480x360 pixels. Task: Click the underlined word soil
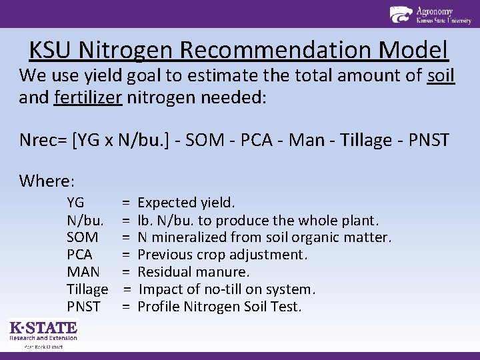(x=440, y=75)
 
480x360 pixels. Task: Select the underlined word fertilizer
(x=88, y=98)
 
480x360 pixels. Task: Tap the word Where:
(x=47, y=181)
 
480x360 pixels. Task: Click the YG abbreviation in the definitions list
(x=75, y=203)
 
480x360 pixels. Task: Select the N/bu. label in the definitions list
(x=85, y=220)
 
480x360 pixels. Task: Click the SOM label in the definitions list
(x=83, y=237)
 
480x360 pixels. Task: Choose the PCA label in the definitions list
(x=80, y=255)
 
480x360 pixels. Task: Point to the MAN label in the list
(x=83, y=272)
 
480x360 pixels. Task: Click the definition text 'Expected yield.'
(x=186, y=203)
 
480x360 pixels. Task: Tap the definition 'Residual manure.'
(x=193, y=272)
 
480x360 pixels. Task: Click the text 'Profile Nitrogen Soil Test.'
(x=219, y=307)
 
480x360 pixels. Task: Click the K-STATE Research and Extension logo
(x=43, y=333)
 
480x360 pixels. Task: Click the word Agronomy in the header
(x=434, y=11)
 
